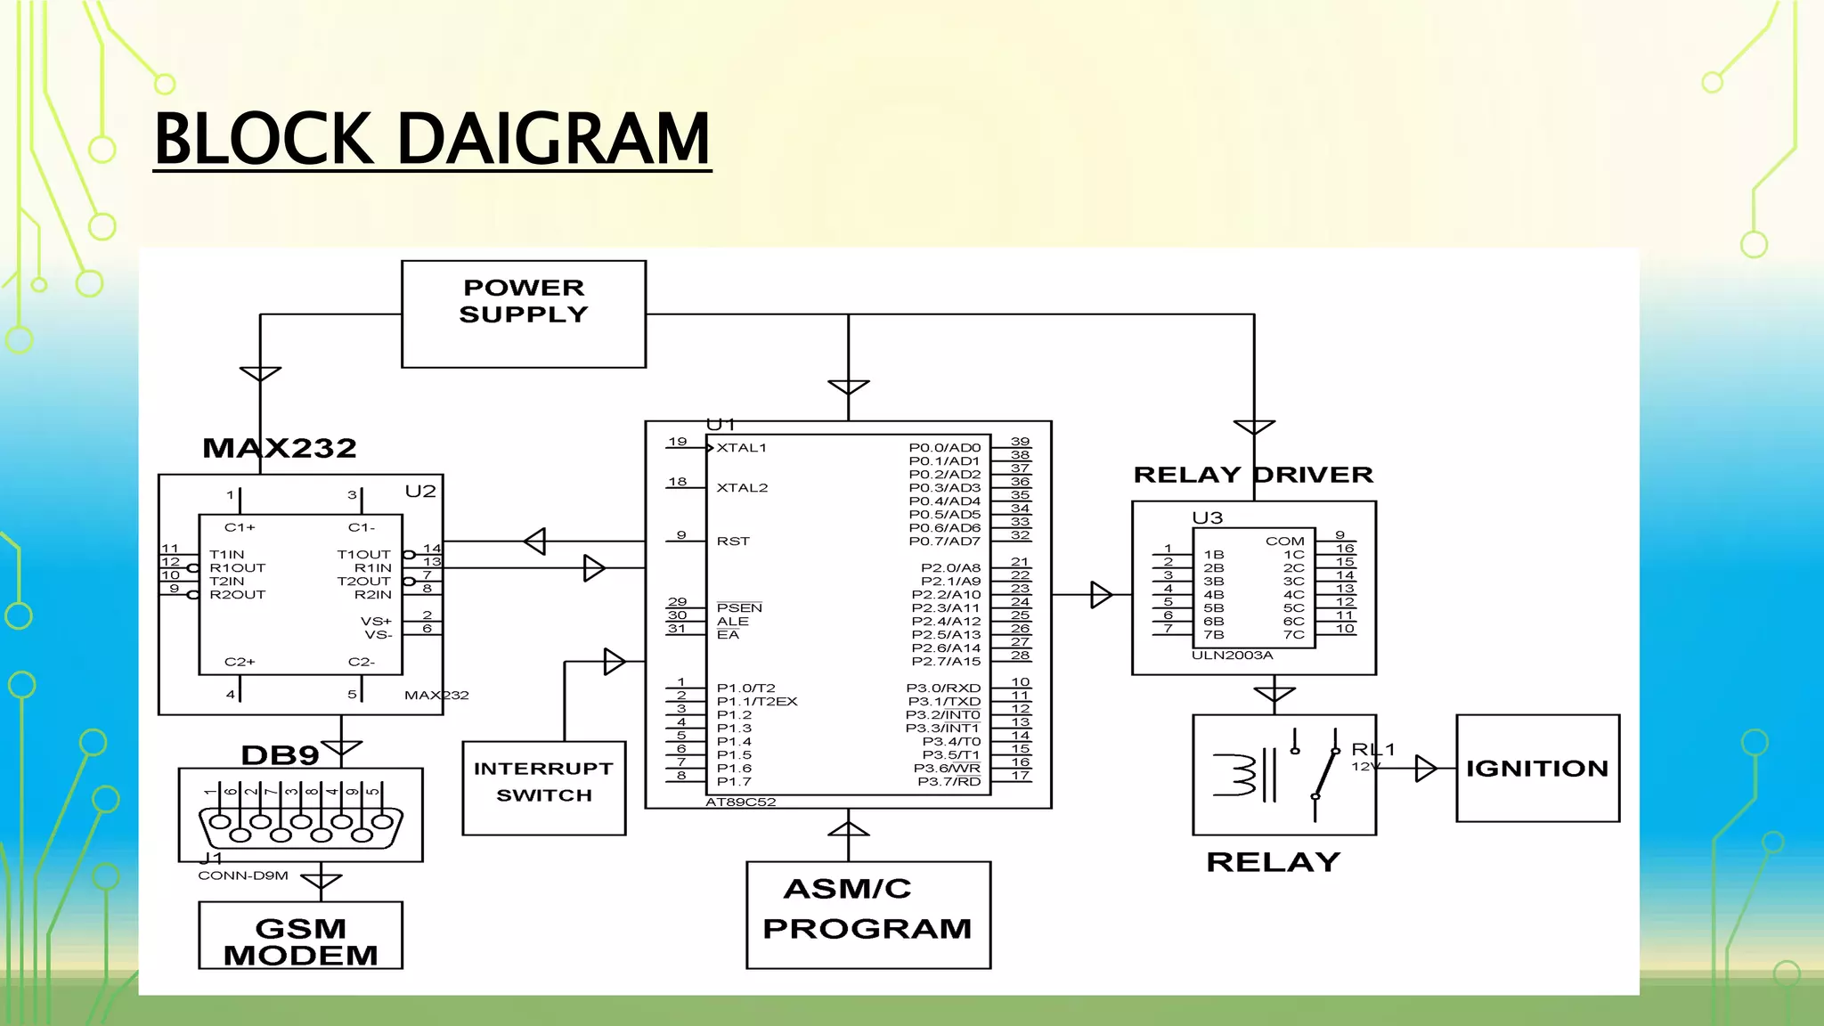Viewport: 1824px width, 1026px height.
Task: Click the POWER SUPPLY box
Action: tap(524, 313)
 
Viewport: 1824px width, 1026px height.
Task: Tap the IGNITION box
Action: tap(1537, 768)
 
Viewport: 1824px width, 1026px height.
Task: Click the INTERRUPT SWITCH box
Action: tap(543, 782)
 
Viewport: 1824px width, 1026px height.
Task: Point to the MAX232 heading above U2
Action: tap(279, 448)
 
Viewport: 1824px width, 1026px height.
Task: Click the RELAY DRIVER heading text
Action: tap(1252, 475)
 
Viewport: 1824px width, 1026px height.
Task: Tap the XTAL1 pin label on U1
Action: tap(741, 448)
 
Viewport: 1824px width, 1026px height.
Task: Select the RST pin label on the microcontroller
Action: tap(733, 541)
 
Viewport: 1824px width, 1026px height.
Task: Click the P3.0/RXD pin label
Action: tap(943, 688)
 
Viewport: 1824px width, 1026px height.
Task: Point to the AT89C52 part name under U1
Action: tap(740, 802)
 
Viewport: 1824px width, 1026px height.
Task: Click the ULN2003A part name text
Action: tap(1232, 655)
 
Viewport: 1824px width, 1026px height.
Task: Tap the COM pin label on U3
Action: tap(1284, 541)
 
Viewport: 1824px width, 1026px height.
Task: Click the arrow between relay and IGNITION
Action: tap(1425, 768)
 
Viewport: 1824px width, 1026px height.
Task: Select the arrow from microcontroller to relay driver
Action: tap(1101, 594)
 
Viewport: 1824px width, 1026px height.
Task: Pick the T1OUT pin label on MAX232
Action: tap(363, 555)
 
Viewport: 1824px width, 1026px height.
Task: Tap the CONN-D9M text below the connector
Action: tap(243, 875)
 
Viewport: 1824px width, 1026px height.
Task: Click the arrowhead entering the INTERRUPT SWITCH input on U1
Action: tap(614, 662)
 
